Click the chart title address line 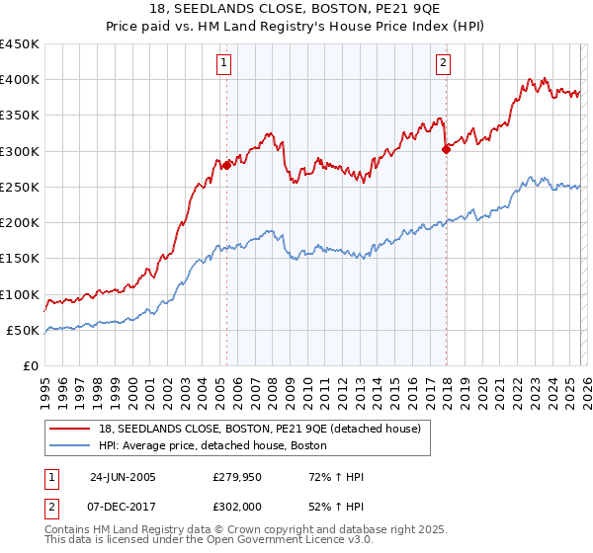pos(296,8)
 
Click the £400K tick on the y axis pos(20,80)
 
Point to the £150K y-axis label pos(20,259)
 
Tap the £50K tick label pos(24,331)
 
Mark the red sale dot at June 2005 pos(226,165)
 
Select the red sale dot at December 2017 pos(446,149)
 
